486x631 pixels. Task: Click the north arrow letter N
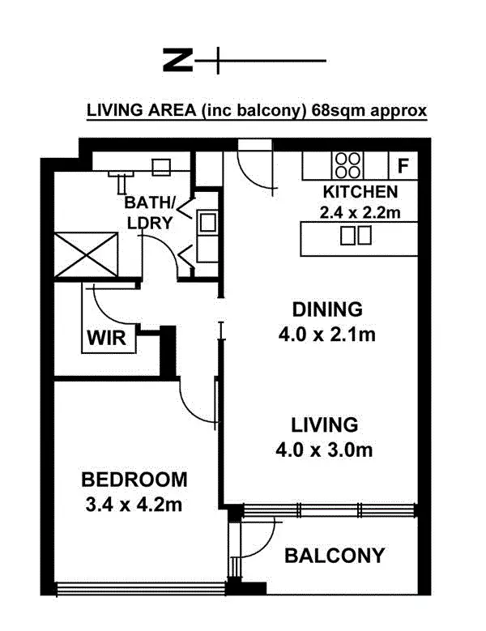click(x=178, y=60)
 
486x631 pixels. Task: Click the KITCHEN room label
click(x=360, y=193)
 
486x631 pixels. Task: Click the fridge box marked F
click(x=403, y=167)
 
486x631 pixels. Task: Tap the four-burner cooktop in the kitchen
click(x=350, y=166)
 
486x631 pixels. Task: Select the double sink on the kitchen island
click(x=356, y=236)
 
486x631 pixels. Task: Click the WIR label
click(x=106, y=338)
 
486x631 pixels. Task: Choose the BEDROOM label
click(x=134, y=479)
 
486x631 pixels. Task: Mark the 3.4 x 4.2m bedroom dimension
click(x=134, y=505)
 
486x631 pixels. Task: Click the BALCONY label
click(x=334, y=556)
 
